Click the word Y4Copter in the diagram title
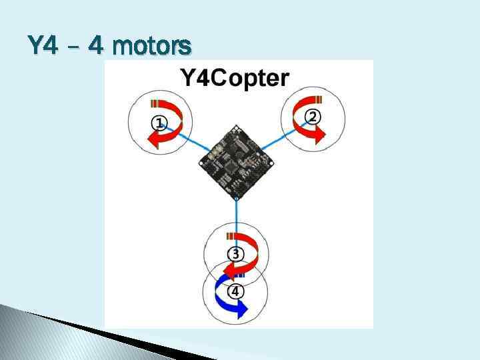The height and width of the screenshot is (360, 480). (x=235, y=79)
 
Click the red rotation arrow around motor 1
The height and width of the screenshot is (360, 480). (x=172, y=124)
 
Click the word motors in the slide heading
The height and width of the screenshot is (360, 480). (x=153, y=46)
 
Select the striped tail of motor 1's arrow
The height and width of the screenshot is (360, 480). (x=159, y=103)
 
